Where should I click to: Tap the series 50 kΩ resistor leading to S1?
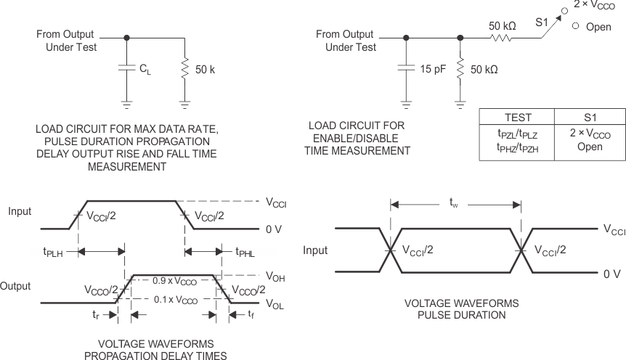[500, 38]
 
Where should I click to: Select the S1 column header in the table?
[589, 118]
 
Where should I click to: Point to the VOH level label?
[273, 276]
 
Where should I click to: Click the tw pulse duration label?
[455, 206]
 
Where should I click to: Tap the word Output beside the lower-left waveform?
[15, 286]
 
